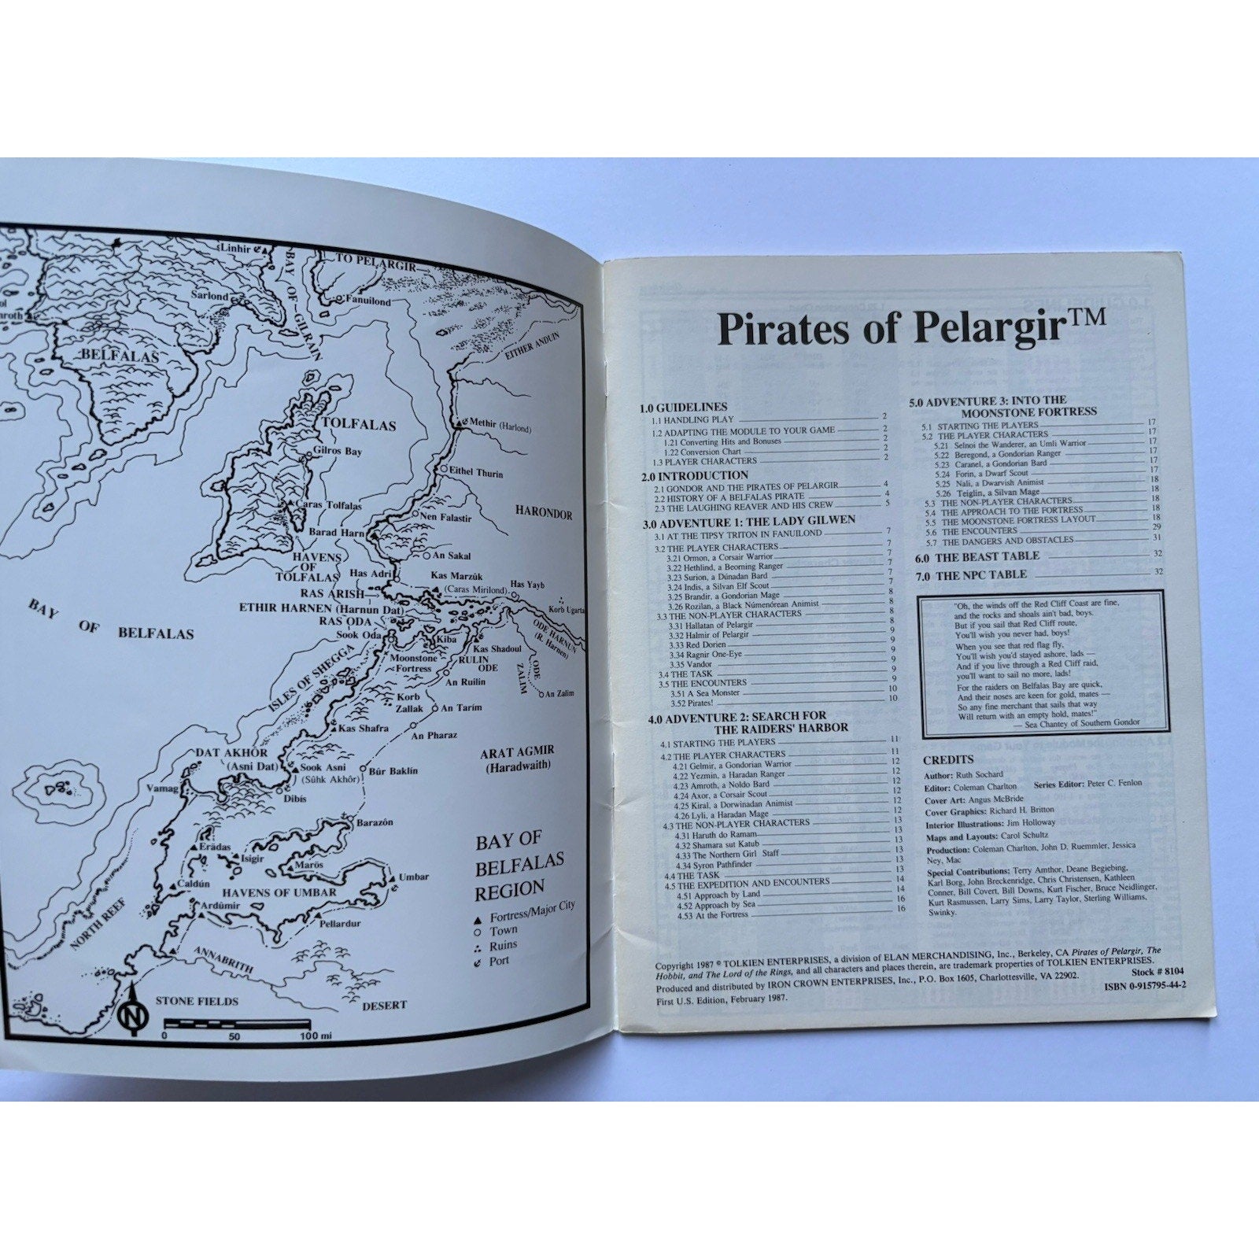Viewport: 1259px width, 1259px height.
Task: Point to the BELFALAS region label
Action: (x=120, y=356)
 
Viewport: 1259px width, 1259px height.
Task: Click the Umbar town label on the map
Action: (x=414, y=877)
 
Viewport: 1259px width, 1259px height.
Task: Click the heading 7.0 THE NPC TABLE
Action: (x=970, y=574)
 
